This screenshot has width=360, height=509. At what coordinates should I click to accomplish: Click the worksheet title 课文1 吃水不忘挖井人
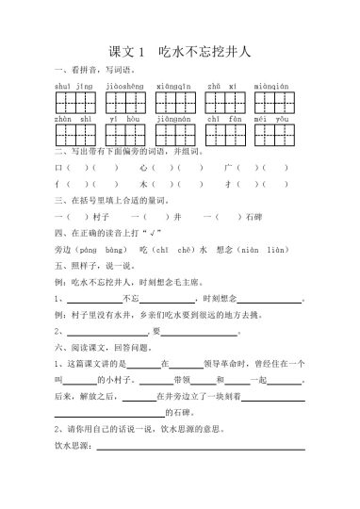tap(179, 54)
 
